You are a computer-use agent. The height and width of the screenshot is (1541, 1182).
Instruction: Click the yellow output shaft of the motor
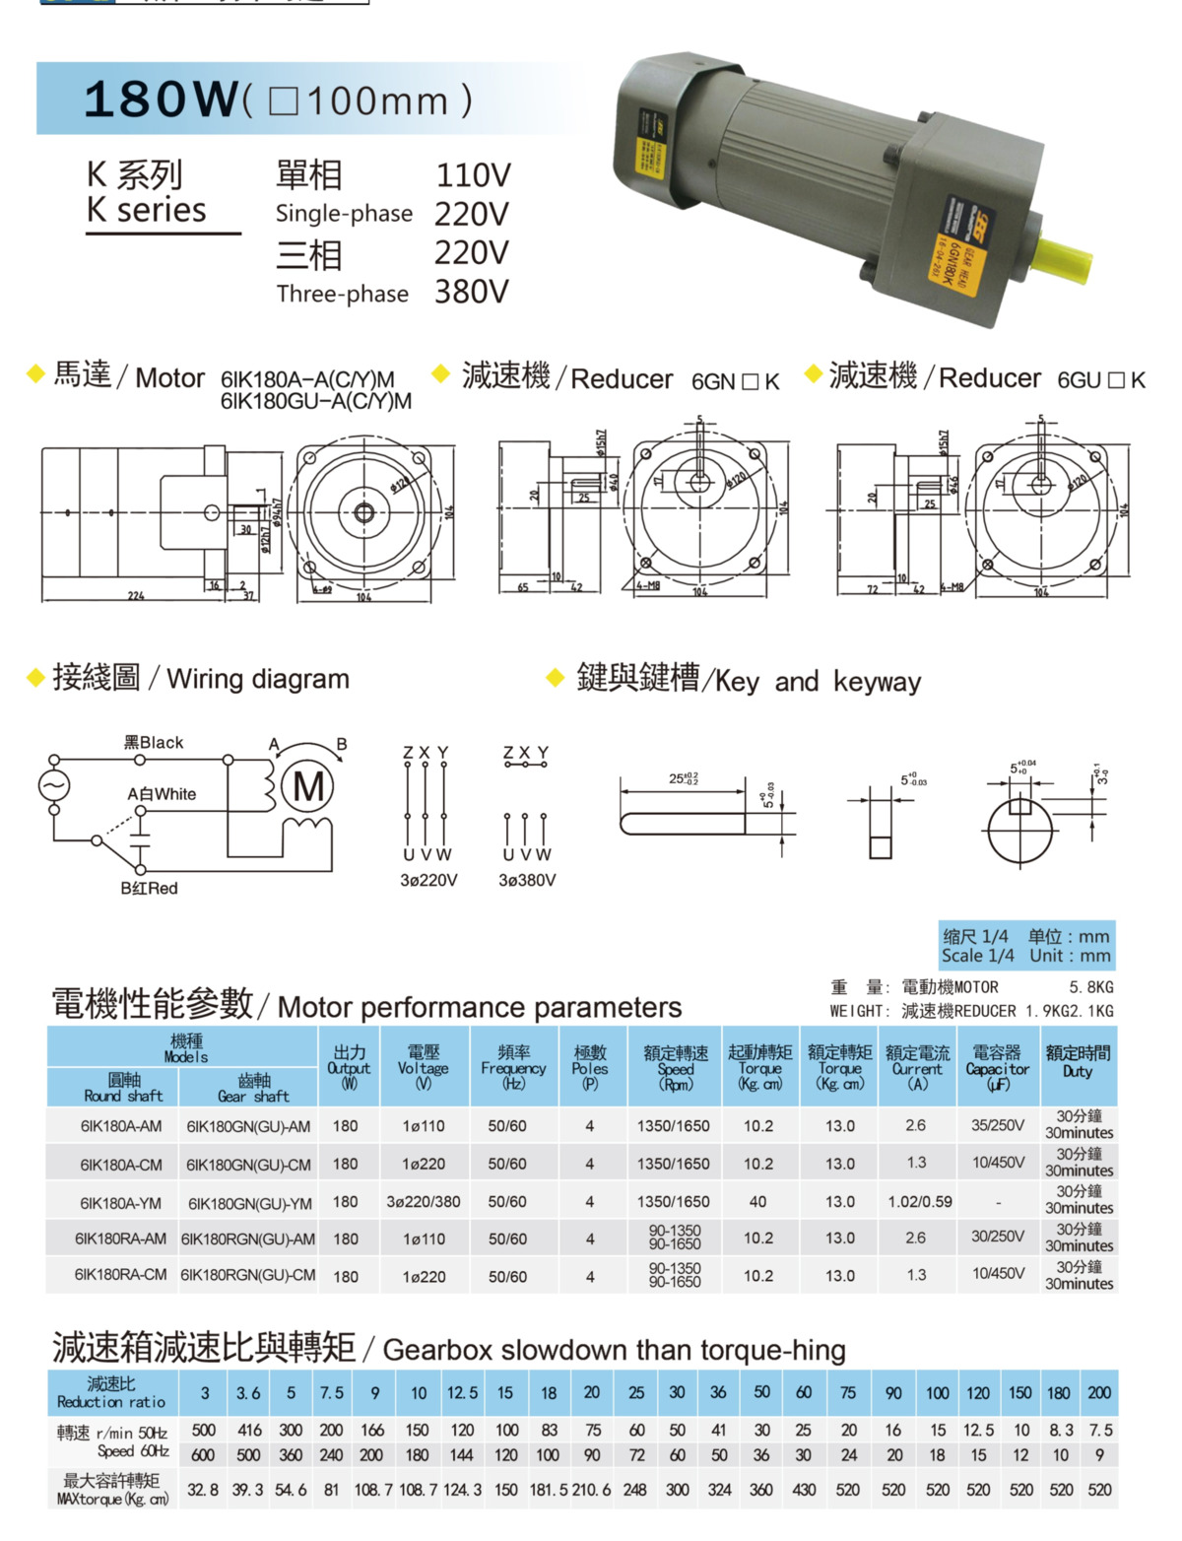point(1064,259)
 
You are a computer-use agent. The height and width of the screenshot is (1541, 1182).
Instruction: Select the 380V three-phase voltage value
point(472,293)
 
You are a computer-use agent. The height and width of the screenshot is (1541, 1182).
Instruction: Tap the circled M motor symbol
point(307,787)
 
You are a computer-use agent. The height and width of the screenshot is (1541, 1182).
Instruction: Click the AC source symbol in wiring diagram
point(54,785)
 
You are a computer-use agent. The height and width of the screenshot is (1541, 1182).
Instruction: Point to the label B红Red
point(149,889)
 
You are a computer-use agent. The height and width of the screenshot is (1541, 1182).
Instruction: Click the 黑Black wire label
point(154,743)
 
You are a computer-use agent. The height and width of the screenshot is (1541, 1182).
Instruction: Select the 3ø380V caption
point(527,881)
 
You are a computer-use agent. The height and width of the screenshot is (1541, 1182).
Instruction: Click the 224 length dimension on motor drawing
point(136,596)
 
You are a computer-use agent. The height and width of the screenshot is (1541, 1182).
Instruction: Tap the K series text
point(147,210)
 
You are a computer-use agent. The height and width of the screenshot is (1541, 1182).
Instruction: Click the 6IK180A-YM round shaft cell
point(121,1203)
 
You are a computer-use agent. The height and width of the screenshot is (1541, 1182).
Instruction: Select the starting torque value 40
point(757,1202)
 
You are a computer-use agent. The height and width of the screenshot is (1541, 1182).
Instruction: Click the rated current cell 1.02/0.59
point(919,1202)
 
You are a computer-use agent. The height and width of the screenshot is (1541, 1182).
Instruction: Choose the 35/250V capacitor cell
point(997,1125)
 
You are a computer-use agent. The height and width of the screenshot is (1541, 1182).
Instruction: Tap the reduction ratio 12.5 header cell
point(462,1393)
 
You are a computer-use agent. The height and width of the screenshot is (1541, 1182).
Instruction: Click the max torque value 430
point(804,1490)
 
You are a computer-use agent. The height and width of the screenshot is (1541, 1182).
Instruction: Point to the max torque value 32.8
point(203,1490)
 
